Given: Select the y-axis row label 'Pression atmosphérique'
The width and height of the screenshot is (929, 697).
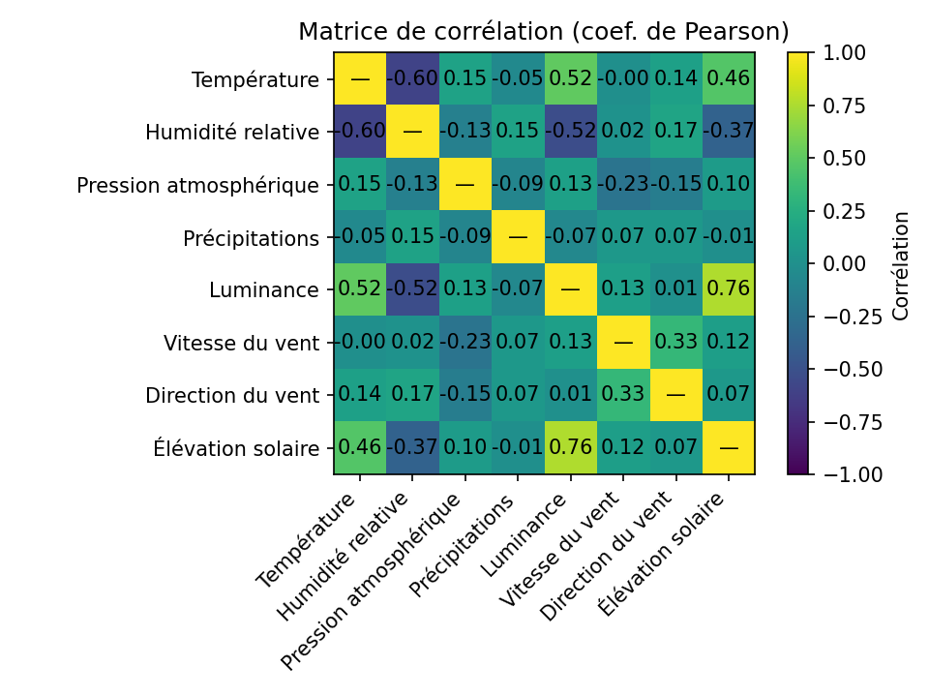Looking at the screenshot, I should [x=197, y=185].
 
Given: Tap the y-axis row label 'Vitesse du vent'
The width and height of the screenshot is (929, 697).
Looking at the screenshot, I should [x=241, y=343].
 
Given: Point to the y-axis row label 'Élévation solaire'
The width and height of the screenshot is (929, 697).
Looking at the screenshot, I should [x=236, y=448].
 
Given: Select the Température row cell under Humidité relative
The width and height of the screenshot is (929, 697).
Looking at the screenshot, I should [x=412, y=79].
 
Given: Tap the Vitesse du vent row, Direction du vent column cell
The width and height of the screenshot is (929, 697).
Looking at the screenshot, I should [x=675, y=343].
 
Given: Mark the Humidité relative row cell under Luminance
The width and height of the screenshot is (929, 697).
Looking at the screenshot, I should [x=570, y=132].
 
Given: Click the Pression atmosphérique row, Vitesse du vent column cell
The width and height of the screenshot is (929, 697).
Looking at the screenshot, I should [x=623, y=185].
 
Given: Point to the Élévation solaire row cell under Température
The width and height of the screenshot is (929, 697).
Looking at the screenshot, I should [x=360, y=448].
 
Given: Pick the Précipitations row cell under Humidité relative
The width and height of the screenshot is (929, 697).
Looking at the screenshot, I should [x=412, y=237].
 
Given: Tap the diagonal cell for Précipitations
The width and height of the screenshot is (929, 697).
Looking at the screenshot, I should [x=518, y=237].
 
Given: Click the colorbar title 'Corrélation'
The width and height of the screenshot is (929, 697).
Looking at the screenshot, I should [x=901, y=263].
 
